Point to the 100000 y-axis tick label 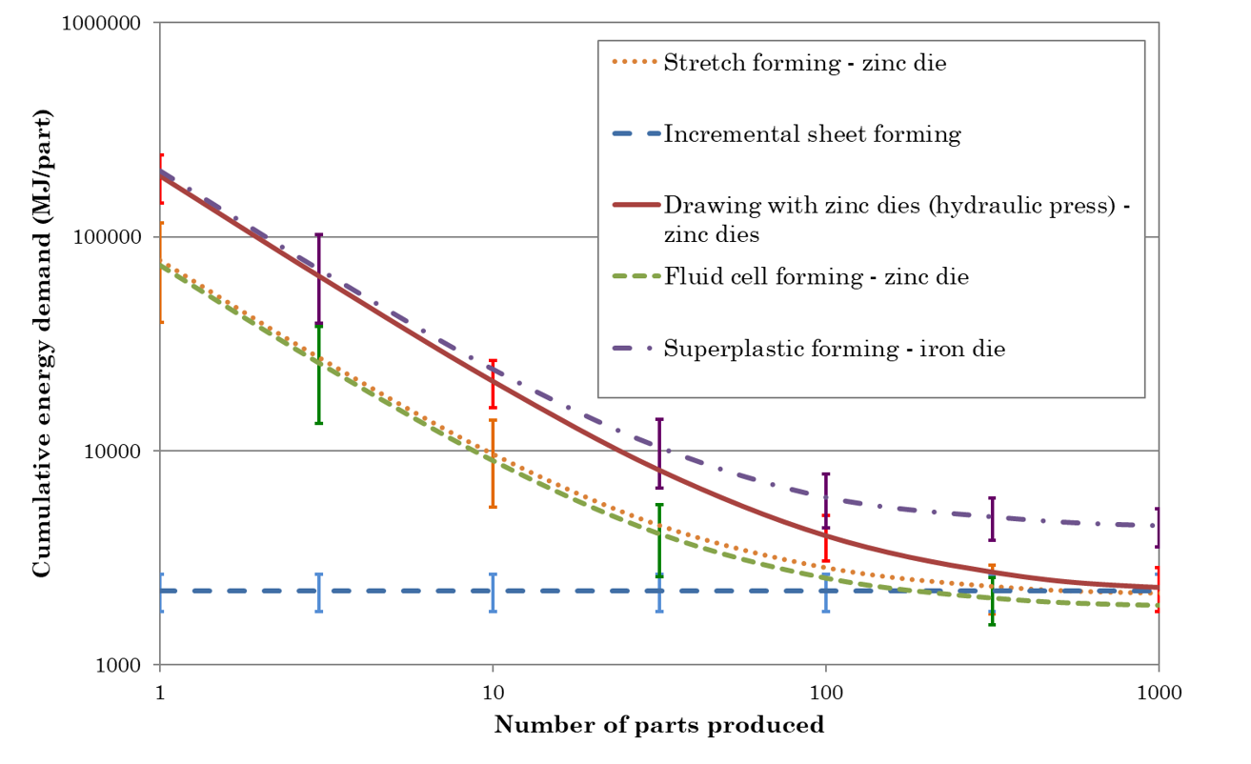[x=108, y=237]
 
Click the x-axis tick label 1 [x=159, y=693]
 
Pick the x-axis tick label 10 [x=493, y=693]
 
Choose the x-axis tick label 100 [x=825, y=693]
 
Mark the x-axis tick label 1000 [x=1158, y=693]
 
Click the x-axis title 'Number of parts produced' [x=658, y=725]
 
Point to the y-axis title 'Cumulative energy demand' [x=42, y=343]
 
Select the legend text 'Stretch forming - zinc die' [x=805, y=64]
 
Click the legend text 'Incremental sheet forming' [x=812, y=134]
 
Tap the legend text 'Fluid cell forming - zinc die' [x=816, y=277]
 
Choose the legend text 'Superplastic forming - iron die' [x=835, y=349]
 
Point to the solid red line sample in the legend [x=633, y=206]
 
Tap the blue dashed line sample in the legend [x=633, y=134]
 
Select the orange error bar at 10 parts [x=493, y=463]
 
